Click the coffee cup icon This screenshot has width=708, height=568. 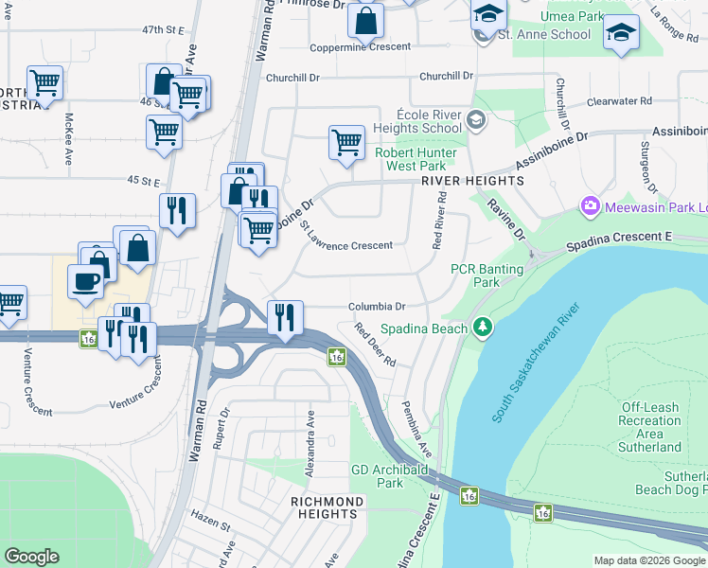(x=86, y=281)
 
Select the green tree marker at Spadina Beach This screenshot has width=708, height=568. (x=484, y=328)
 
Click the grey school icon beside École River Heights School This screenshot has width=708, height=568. (x=475, y=120)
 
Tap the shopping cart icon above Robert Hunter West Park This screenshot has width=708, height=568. (x=347, y=143)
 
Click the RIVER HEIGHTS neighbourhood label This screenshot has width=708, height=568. (x=472, y=180)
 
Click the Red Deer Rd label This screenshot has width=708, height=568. (x=376, y=346)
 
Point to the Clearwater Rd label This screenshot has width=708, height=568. (x=619, y=100)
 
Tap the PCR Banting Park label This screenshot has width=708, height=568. (x=487, y=275)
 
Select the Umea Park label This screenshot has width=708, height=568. (x=571, y=17)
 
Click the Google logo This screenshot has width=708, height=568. (x=32, y=557)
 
